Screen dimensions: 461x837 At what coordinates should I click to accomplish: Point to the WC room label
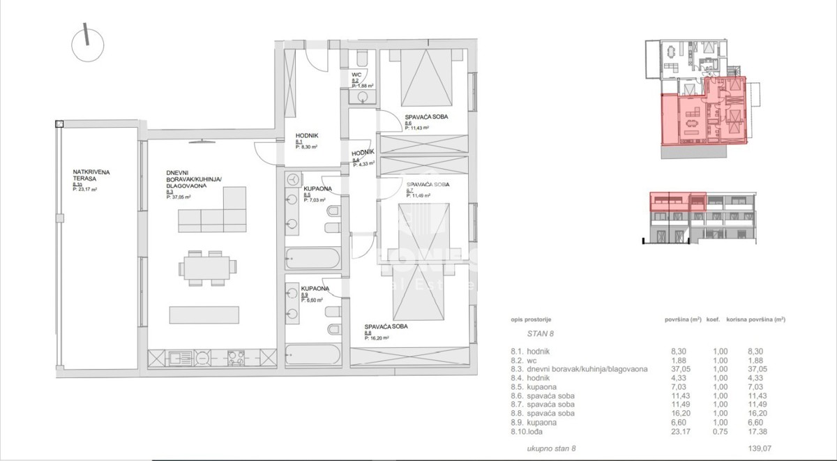pos(356,75)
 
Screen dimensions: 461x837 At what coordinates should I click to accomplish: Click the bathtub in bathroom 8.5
pos(312,258)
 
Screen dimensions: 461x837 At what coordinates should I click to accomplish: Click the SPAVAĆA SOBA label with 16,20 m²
pos(386,326)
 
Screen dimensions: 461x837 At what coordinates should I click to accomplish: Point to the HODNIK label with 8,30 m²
pos(307,137)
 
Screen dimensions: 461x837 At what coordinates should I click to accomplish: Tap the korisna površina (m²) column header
pos(755,319)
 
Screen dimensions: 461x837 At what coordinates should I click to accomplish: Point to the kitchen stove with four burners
pos(236,358)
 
